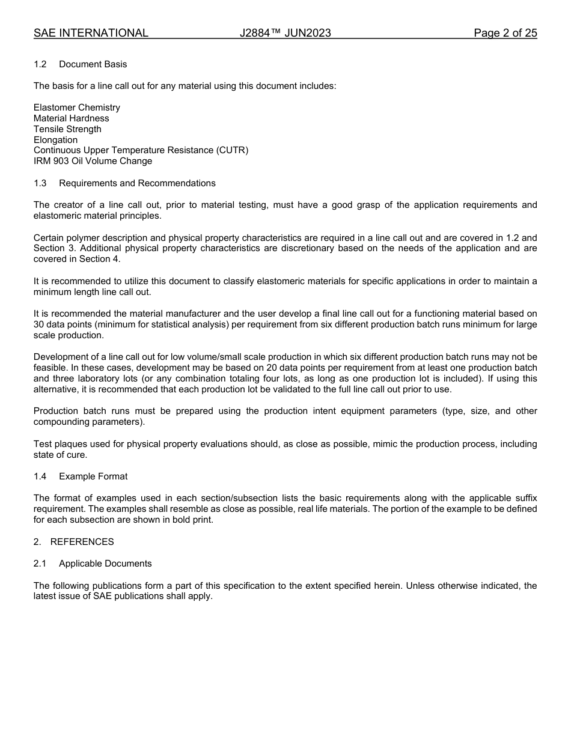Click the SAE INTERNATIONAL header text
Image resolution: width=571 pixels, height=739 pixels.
[91, 33]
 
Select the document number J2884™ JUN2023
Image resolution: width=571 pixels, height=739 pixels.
[285, 33]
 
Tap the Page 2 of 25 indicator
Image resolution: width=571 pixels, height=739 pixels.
[505, 33]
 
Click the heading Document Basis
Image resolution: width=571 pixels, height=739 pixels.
[93, 64]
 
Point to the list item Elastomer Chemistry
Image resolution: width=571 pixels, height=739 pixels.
[77, 108]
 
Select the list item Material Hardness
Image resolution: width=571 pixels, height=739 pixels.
[72, 118]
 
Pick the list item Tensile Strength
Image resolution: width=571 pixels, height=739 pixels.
[67, 129]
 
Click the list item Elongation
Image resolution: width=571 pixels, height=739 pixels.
[55, 140]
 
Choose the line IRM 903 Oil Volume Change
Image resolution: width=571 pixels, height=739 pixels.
[93, 161]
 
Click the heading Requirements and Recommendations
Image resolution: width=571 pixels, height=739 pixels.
[137, 183]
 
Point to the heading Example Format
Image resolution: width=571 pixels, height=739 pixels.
[93, 476]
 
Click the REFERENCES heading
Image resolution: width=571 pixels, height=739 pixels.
[82, 542]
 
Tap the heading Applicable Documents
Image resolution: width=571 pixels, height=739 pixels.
[105, 564]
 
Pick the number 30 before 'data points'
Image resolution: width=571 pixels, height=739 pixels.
[39, 324]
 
